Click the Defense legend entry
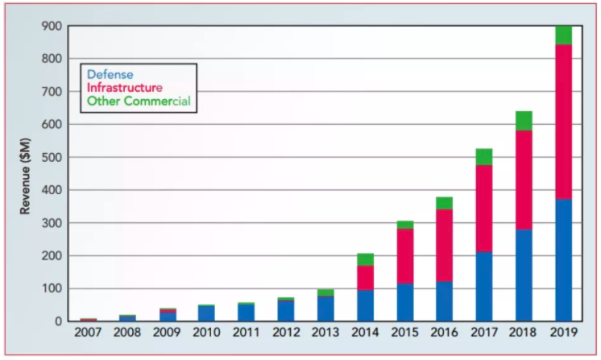110,75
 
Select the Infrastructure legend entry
125,88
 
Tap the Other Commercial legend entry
138,101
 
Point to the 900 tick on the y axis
51,26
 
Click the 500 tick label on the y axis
51,157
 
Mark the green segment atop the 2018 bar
524,121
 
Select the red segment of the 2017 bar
484,209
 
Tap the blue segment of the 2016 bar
445,301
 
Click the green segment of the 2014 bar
366,259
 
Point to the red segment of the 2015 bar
405,256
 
